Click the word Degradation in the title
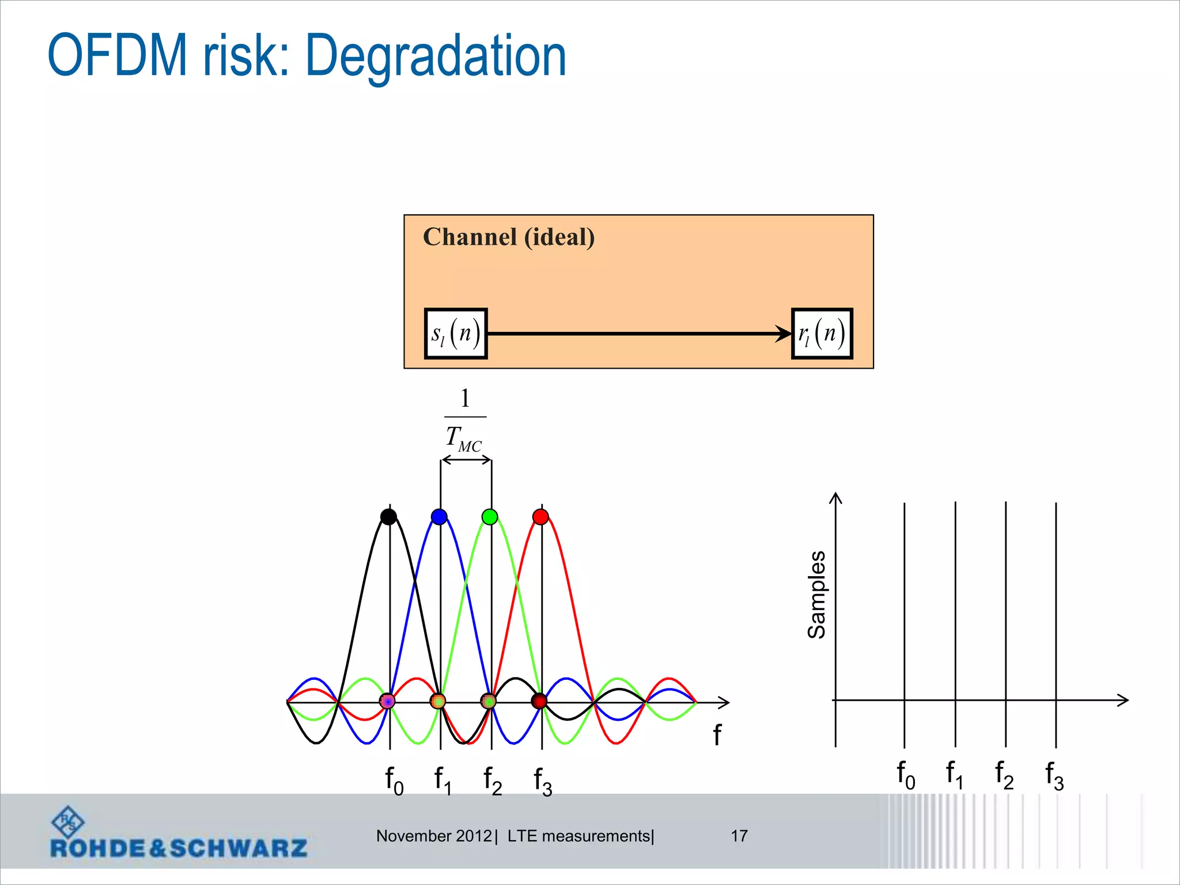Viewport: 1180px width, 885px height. pos(436,56)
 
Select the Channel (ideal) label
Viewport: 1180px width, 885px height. pos(509,237)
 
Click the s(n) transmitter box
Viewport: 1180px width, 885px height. pos(456,334)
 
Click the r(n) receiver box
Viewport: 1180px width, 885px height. pos(822,334)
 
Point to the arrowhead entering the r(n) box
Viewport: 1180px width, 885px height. pos(784,334)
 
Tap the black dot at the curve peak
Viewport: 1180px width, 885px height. pos(389,516)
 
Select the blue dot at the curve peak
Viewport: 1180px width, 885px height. pos(439,516)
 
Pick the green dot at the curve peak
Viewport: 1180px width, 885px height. pos(490,516)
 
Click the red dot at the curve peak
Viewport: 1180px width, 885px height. pos(540,516)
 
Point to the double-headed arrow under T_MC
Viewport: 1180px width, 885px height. pos(466,460)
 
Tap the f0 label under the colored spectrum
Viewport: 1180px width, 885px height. pos(394,781)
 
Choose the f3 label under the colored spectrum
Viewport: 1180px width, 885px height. pos(543,781)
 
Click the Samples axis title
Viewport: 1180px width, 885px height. pos(816,595)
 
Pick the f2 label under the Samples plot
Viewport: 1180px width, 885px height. pos(1004,774)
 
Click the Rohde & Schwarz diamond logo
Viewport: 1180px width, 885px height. pos(67,821)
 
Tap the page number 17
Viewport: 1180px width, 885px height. pos(739,835)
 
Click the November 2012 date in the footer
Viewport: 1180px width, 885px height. pos(434,835)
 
